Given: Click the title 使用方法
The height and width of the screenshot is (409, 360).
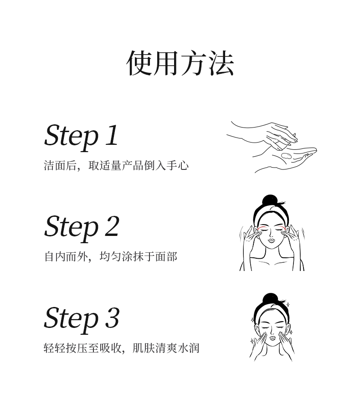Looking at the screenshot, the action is (x=180, y=63).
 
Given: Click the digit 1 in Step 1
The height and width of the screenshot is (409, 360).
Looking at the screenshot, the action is (x=112, y=135).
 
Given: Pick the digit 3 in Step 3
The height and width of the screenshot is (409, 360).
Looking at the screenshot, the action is (x=112, y=317).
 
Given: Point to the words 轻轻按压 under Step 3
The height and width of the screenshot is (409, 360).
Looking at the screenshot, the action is (x=66, y=348).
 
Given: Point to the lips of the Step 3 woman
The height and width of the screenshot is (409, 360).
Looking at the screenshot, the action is (x=272, y=337).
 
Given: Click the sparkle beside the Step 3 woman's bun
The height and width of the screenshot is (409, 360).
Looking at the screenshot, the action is (x=288, y=304).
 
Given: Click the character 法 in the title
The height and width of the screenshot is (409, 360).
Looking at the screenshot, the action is (x=221, y=63).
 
